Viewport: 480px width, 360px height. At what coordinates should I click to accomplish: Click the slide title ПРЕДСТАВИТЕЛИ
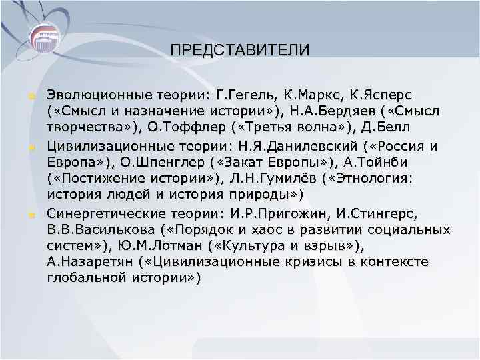point(239,51)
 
